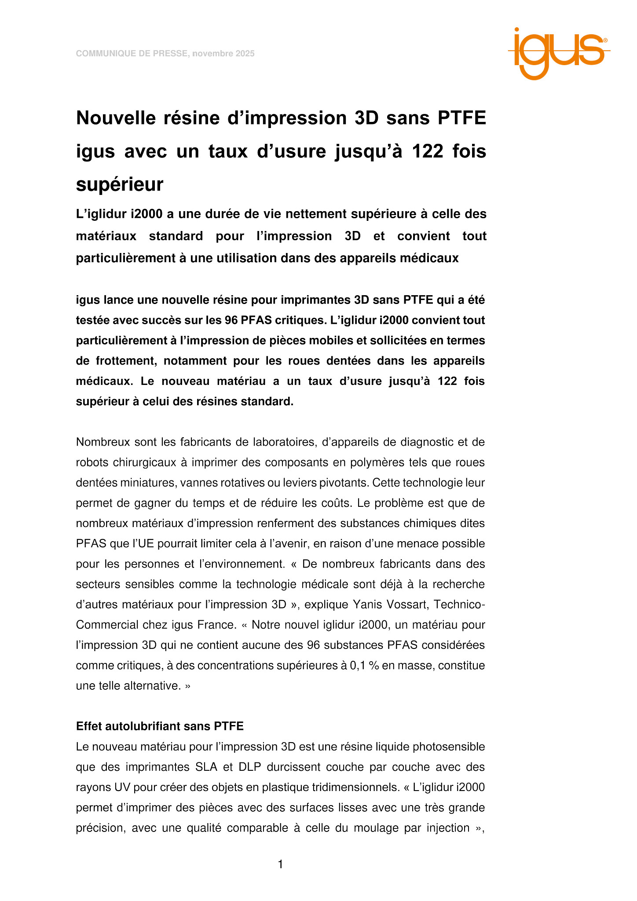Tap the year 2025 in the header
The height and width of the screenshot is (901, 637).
245,54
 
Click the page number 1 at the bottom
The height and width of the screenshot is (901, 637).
281,864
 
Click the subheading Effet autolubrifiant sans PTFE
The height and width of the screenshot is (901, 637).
160,726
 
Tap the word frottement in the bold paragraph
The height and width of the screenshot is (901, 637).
125,361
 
